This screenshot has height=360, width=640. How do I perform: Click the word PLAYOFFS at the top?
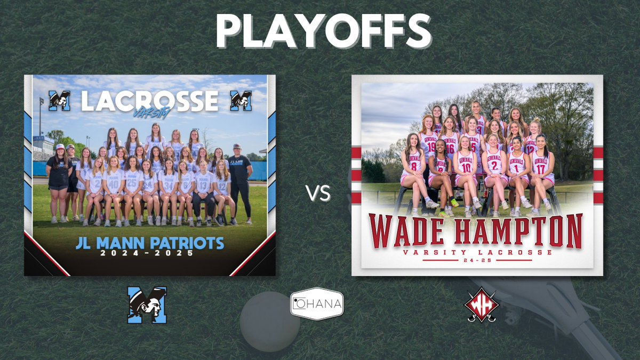(324, 30)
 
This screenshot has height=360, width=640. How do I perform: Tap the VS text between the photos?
(318, 194)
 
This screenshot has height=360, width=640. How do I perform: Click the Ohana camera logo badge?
(317, 304)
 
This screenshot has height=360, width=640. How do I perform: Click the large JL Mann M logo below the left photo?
(147, 305)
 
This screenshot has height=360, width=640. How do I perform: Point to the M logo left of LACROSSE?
(59, 101)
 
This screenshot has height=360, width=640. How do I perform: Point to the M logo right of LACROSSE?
(241, 101)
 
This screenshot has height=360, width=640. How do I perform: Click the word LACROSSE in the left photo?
(150, 101)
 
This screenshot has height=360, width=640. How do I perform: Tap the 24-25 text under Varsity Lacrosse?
(477, 260)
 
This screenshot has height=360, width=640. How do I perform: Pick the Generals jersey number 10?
(466, 167)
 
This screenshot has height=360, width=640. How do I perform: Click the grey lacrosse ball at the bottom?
(270, 321)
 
